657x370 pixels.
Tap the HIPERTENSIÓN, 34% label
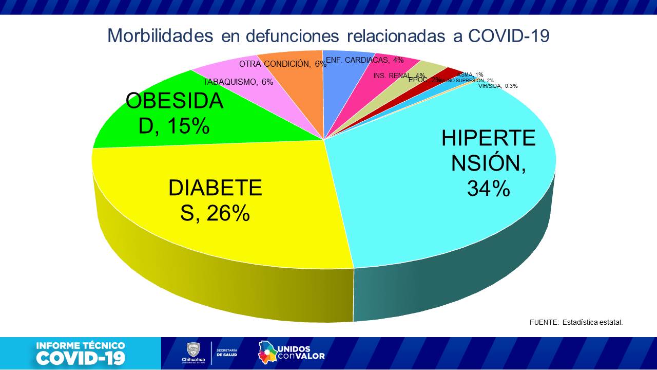[488, 163]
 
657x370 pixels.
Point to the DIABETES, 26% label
[215, 200]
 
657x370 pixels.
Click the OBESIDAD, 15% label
[175, 113]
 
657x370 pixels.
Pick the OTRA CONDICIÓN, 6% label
[282, 64]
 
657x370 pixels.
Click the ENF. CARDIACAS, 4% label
[364, 60]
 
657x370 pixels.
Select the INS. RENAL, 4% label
[399, 76]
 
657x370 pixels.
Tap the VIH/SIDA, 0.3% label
[498, 86]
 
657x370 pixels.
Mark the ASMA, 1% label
[470, 75]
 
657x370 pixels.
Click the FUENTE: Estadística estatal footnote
[576, 322]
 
